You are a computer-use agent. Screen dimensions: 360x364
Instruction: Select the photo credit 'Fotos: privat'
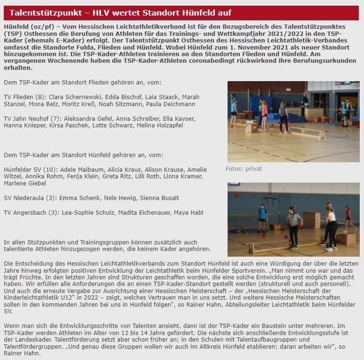pyautogui.click(x=244, y=169)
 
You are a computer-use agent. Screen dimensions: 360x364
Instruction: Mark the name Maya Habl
pyautogui.click(x=190, y=212)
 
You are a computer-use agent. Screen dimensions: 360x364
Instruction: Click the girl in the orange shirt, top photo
pyautogui.click(x=264, y=115)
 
